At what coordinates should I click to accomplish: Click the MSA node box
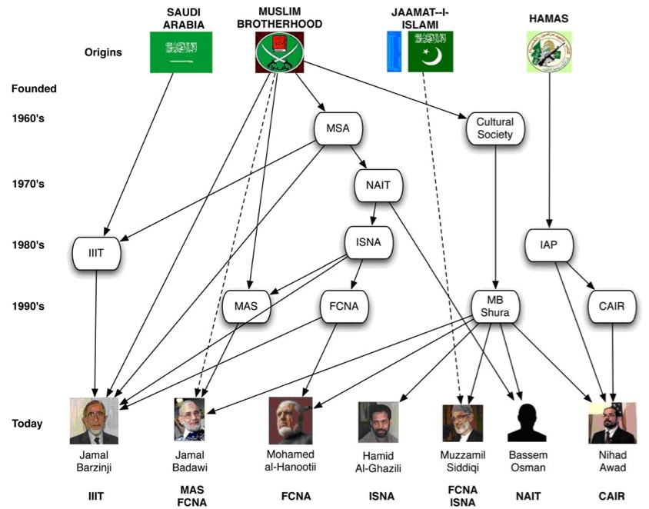(338, 128)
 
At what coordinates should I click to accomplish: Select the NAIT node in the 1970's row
(379, 185)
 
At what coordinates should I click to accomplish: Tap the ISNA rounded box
(368, 244)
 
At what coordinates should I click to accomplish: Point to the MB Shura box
(495, 307)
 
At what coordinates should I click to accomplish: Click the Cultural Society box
(495, 129)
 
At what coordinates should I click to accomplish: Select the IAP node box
(549, 245)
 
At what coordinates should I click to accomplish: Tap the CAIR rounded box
(613, 307)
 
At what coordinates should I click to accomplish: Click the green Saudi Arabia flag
(181, 52)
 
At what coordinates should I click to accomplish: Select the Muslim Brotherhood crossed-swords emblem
(278, 52)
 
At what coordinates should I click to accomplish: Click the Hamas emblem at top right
(549, 52)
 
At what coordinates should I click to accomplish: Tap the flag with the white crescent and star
(431, 52)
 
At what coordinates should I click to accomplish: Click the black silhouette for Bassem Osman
(527, 422)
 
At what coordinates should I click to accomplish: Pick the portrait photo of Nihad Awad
(612, 423)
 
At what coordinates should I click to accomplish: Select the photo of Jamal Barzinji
(94, 421)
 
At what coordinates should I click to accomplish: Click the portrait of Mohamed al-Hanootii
(291, 421)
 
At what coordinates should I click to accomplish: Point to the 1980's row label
(28, 245)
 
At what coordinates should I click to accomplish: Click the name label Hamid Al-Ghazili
(378, 461)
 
